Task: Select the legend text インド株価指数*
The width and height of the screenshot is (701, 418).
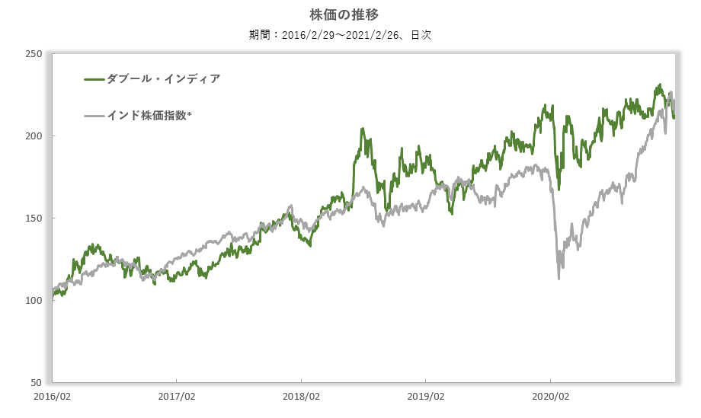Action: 149,116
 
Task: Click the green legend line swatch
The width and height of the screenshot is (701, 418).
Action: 94,78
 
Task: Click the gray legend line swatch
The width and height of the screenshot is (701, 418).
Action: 94,116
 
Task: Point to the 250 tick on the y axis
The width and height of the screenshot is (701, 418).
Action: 34,54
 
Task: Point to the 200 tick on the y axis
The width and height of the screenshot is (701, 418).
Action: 34,136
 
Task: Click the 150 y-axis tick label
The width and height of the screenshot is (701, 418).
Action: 34,219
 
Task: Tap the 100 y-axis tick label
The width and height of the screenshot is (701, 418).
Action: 34,301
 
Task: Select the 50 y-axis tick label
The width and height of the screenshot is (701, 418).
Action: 36,382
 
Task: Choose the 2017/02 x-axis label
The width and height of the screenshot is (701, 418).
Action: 176,397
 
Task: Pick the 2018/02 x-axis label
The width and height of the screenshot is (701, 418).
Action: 301,397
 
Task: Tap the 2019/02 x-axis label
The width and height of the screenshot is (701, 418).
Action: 425,397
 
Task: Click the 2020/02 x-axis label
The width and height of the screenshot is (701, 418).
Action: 550,397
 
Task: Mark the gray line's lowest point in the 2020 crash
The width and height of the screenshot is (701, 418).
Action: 559,278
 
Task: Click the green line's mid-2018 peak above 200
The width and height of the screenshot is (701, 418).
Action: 362,129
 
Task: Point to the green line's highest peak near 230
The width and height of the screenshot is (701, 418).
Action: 659,85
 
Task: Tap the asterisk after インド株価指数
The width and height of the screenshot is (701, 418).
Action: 189,115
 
